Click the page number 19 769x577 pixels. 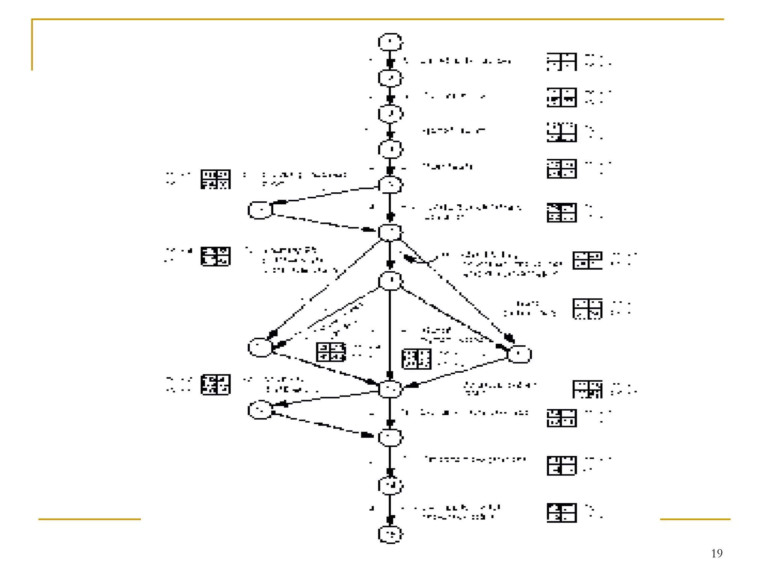(716, 553)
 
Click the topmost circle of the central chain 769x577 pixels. (390, 42)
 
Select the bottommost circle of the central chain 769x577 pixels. (390, 534)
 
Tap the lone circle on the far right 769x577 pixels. (519, 354)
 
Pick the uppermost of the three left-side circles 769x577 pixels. (260, 210)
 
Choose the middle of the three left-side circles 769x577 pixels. (260, 347)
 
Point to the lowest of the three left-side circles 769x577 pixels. (260, 409)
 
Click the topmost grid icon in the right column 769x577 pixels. (561, 62)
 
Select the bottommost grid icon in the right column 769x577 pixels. (561, 513)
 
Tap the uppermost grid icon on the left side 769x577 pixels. (216, 179)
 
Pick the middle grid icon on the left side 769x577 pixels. (216, 256)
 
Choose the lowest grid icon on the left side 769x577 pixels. (216, 384)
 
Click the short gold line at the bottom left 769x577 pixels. (89, 519)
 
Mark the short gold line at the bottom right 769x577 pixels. (695, 519)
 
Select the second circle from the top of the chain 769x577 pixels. (390, 78)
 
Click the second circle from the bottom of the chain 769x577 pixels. (390, 485)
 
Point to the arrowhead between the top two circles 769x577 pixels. (390, 63)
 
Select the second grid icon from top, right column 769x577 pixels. (561, 98)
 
